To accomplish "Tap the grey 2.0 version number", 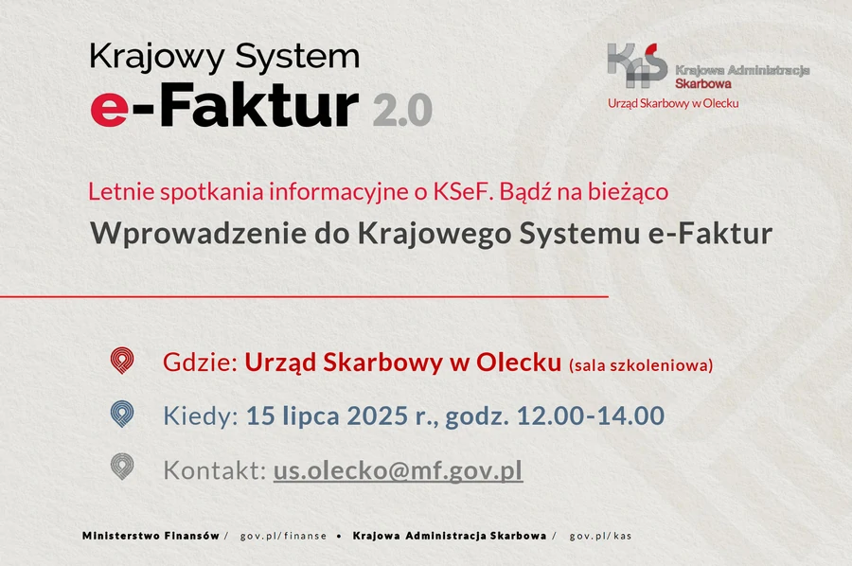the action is click(402, 110).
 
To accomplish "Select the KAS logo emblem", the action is click(637, 65).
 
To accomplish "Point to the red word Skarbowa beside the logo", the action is click(703, 83).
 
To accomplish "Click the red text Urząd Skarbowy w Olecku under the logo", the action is click(673, 103).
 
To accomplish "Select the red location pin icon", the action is click(122, 361).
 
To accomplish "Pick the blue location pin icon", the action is click(122, 414).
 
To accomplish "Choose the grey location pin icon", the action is click(122, 467).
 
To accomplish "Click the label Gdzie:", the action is click(201, 363).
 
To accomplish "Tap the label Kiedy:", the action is click(201, 416).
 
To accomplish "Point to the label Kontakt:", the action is click(215, 469).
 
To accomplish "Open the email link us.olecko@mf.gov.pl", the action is click(398, 470).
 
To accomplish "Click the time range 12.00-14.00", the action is click(591, 416).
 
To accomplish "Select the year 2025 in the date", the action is click(377, 416).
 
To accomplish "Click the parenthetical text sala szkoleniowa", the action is click(641, 365).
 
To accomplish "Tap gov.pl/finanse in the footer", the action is click(283, 536).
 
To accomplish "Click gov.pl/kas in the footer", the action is click(600, 536).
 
